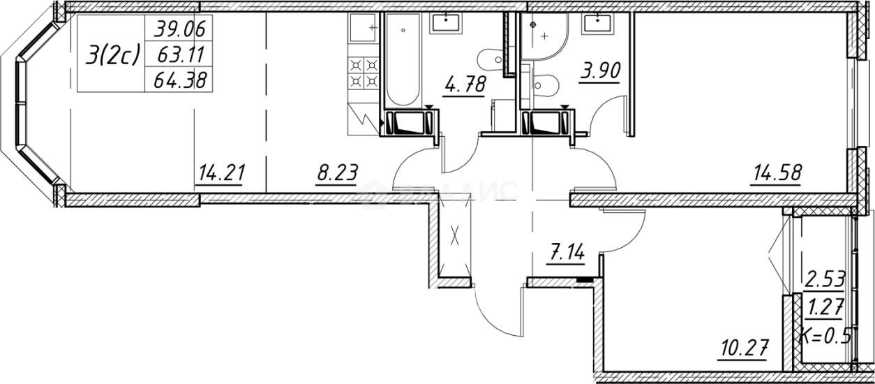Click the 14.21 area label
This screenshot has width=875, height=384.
coord(220,172)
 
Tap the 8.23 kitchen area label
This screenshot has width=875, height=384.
coord(337,172)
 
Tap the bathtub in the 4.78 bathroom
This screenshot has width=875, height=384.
coord(402,63)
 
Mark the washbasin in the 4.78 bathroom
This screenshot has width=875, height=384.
coord(445,24)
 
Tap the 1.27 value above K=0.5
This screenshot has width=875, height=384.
coord(825,308)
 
